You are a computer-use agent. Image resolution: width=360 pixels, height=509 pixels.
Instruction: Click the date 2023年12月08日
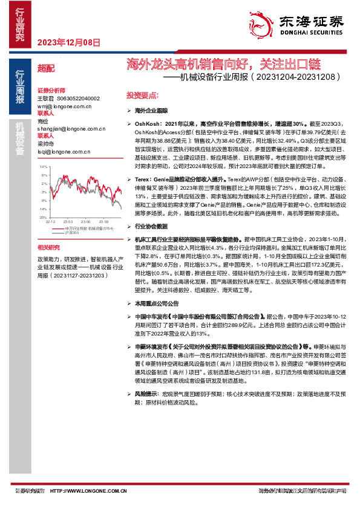(x=68, y=42)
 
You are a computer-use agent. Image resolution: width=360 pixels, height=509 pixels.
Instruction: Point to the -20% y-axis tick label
(x=43, y=216)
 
